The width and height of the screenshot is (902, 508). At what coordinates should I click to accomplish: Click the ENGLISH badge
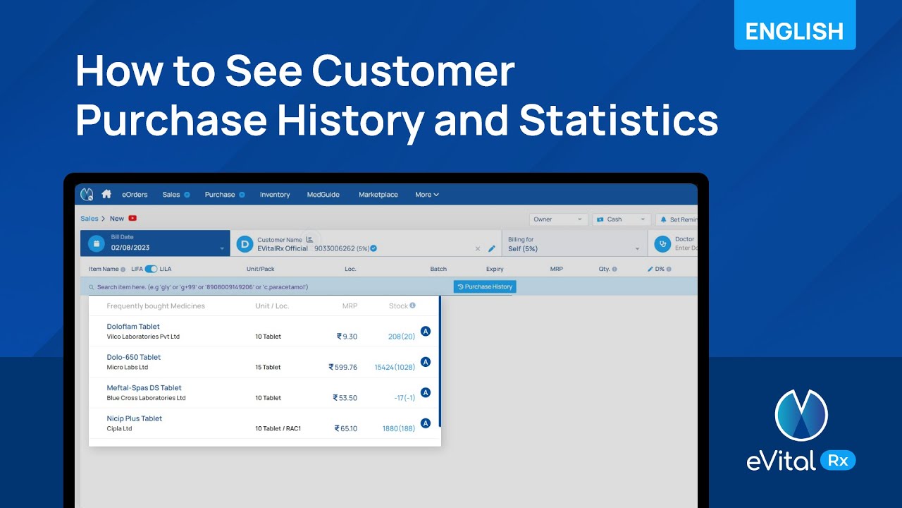click(x=794, y=31)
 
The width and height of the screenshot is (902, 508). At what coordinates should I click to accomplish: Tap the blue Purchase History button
click(x=485, y=286)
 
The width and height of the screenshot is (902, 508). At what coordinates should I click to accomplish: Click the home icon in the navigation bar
click(x=106, y=194)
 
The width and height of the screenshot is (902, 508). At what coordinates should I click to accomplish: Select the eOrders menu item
click(x=135, y=195)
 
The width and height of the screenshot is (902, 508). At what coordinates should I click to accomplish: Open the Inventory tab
click(x=275, y=195)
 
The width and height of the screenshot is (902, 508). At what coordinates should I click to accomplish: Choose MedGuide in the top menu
click(x=323, y=195)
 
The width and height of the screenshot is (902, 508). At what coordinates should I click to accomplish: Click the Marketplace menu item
click(x=378, y=195)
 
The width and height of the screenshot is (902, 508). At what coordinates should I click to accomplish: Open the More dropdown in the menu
click(x=427, y=195)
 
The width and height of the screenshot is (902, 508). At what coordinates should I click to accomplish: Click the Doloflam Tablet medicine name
click(x=133, y=327)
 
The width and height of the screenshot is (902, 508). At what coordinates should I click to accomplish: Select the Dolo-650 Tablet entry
click(x=134, y=357)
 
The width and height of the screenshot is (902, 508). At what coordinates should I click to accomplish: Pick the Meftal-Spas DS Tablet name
click(x=144, y=388)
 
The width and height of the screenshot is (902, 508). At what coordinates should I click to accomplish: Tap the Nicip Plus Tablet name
click(x=135, y=418)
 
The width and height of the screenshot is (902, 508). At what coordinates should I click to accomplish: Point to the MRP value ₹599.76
click(x=343, y=367)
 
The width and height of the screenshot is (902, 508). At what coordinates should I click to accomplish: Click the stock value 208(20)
click(x=401, y=337)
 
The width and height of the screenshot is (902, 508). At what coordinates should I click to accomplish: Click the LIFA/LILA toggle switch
click(x=151, y=269)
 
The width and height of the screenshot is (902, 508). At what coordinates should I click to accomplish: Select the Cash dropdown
click(x=621, y=219)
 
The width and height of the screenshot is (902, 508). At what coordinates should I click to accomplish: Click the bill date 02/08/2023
click(x=130, y=248)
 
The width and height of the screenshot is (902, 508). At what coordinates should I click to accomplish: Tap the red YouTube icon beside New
click(x=132, y=219)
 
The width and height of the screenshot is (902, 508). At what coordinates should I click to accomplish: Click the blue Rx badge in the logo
click(x=838, y=461)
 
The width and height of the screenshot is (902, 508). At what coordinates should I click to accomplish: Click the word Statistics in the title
click(x=619, y=121)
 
